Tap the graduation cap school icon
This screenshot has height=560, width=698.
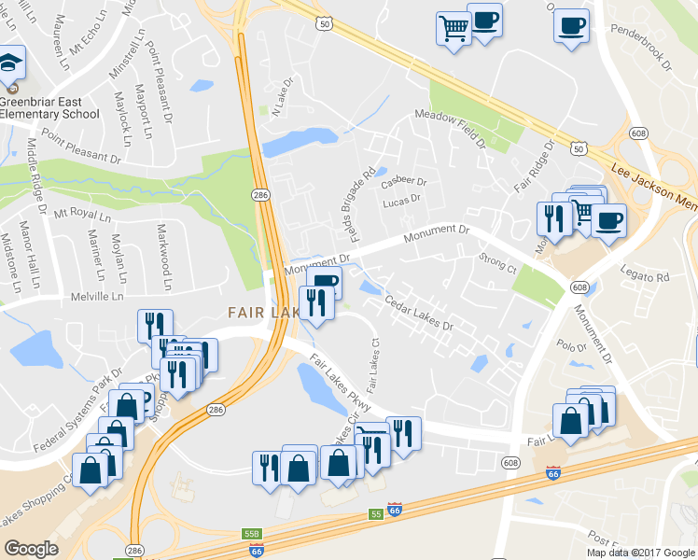11,63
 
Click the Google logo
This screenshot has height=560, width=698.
33,550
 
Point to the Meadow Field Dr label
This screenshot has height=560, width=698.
451,127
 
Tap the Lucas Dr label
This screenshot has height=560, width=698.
401,199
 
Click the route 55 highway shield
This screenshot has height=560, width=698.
375,514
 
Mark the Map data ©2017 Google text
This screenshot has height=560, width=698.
640,553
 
